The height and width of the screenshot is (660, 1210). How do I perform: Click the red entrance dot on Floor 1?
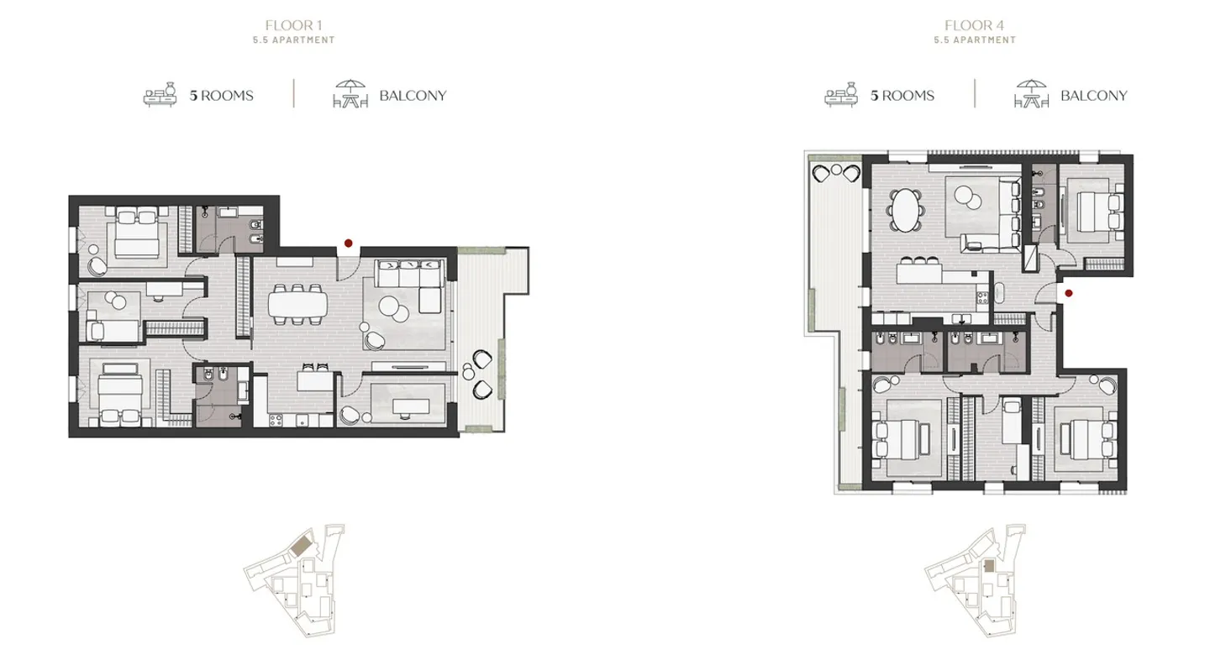coord(348,244)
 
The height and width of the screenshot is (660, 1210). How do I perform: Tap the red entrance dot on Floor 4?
coord(1068,293)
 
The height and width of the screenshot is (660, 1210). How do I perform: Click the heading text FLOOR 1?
coord(293,25)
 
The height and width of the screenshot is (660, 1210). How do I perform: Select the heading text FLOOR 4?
coord(974,25)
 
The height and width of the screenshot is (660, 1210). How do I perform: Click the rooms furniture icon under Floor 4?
coord(840,94)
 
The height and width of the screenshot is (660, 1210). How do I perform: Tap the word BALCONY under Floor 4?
coord(1093,96)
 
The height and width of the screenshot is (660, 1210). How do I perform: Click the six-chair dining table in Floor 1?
coord(298,304)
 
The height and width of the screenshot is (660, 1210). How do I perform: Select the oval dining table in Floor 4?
coord(905,208)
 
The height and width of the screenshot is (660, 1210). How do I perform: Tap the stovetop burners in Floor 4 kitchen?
coord(980,295)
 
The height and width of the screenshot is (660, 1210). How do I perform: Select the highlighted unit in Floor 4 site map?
coord(990,566)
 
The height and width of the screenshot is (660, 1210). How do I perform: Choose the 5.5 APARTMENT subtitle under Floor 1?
coord(293,40)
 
